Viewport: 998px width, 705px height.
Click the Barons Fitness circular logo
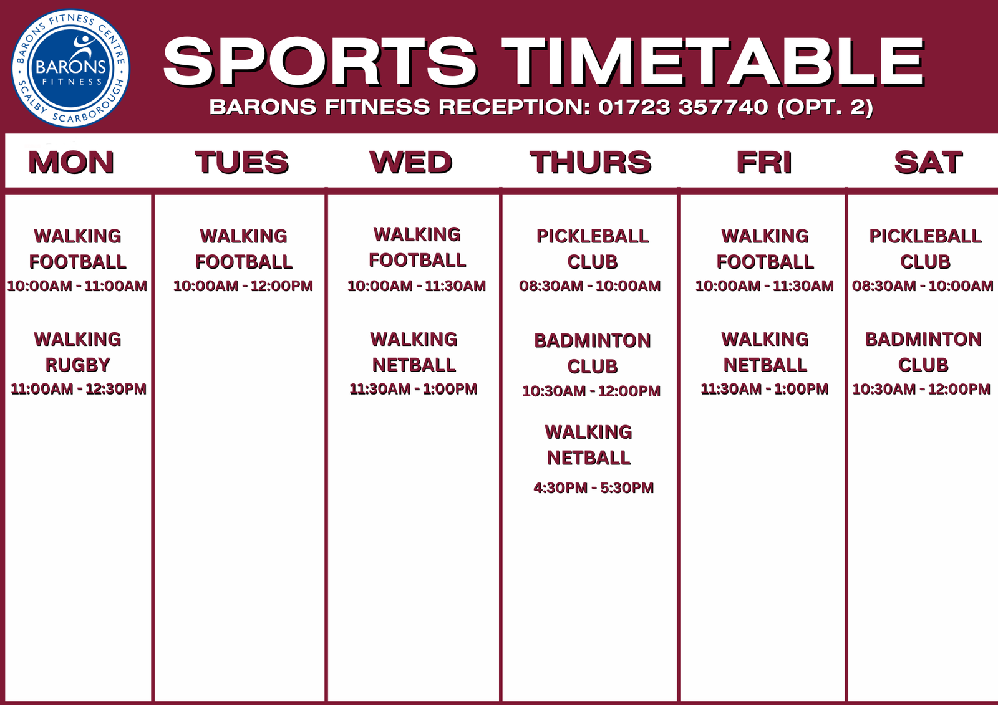(x=70, y=68)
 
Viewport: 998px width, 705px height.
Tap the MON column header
(x=71, y=162)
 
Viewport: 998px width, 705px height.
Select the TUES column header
(x=242, y=162)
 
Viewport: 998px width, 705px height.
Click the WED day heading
(x=411, y=162)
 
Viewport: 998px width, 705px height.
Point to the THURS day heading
(x=591, y=162)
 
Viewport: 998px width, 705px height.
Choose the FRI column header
(x=764, y=162)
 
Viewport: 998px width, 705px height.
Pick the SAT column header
(x=929, y=162)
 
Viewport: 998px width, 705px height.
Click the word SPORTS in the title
(x=321, y=62)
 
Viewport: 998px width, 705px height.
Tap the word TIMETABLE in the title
(x=713, y=62)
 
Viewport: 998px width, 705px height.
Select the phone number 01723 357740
(x=683, y=107)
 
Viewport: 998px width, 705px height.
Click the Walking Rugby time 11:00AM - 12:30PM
(x=79, y=389)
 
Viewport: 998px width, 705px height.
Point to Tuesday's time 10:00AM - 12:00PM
(x=243, y=286)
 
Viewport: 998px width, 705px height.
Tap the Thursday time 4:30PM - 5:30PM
(x=593, y=487)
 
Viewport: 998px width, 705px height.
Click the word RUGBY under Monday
(x=78, y=365)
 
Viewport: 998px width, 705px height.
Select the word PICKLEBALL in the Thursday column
(x=593, y=236)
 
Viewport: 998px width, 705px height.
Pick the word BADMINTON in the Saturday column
(x=923, y=339)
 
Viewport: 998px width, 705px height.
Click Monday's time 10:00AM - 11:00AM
(x=77, y=286)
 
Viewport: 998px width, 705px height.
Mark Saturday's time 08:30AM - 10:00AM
(x=923, y=286)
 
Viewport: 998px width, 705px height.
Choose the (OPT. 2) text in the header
(x=825, y=107)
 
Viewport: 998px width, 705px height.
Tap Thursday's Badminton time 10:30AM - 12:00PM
(x=591, y=391)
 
